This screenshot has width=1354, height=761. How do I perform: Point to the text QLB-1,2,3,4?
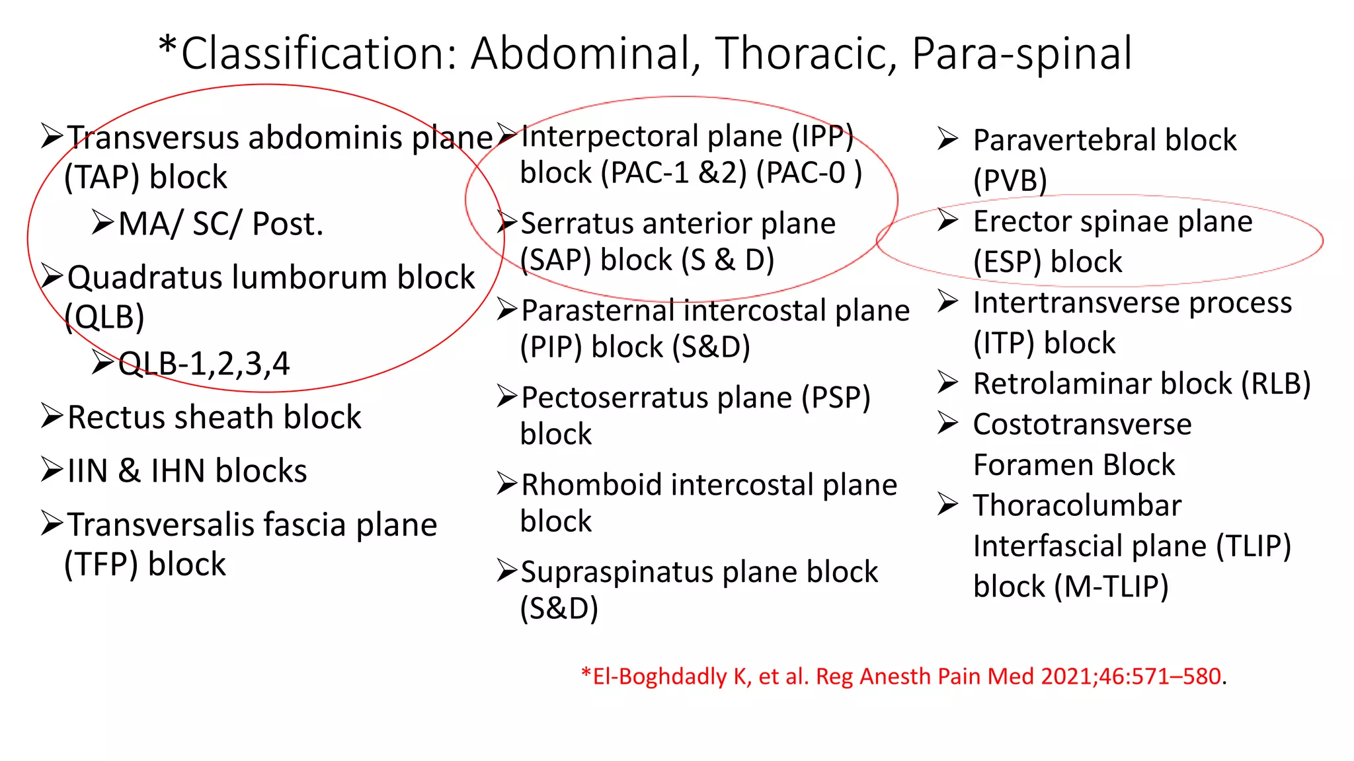pos(204,363)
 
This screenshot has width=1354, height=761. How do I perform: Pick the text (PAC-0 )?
pos(809,173)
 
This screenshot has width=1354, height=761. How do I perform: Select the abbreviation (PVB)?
pos(1010,180)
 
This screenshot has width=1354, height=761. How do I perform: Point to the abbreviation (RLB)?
pos(1275,384)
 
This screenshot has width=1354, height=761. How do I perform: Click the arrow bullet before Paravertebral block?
pos(947,139)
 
